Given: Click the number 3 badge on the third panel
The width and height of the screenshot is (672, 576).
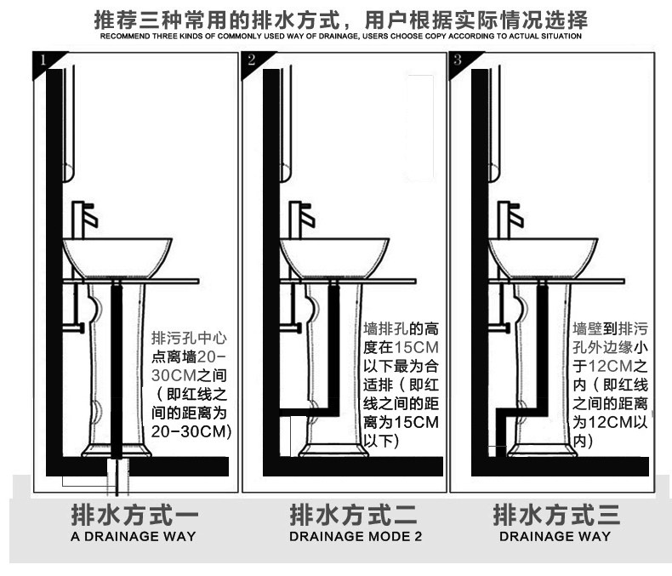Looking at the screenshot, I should pyautogui.click(x=458, y=60).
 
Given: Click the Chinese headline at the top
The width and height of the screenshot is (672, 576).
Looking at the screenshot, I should pyautogui.click(x=340, y=19).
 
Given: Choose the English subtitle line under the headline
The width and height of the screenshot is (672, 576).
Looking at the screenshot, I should pyautogui.click(x=340, y=37).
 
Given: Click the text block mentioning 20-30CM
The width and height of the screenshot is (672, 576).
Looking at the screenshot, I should pyautogui.click(x=191, y=383).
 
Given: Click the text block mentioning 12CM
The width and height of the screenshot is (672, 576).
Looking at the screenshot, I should pyautogui.click(x=610, y=383).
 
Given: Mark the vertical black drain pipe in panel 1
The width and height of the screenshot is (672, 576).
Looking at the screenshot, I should pyautogui.click(x=117, y=374).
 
